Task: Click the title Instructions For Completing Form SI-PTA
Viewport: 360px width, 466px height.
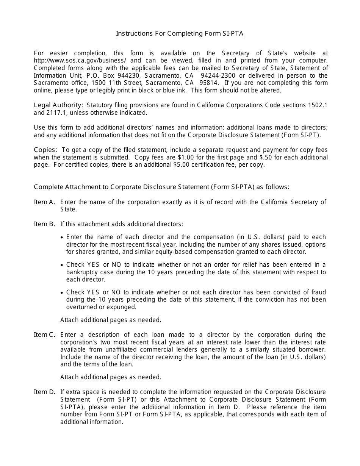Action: point(180,33)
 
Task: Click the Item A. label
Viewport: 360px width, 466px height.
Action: point(45,202)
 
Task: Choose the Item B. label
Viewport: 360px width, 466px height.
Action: point(45,224)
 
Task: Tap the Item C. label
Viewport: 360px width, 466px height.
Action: point(45,335)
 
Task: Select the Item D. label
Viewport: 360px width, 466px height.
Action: point(45,392)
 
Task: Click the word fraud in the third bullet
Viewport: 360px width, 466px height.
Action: point(318,292)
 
